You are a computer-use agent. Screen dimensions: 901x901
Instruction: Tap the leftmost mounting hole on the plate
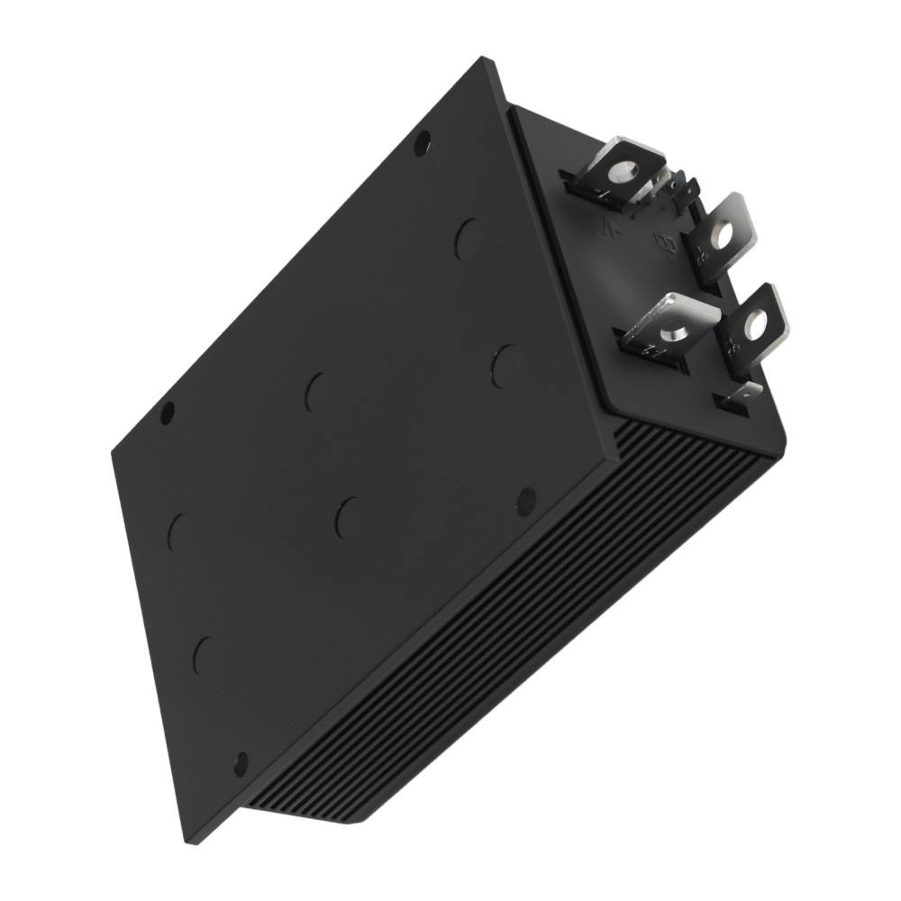167,414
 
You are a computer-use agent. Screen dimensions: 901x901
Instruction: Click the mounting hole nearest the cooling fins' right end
525,501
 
